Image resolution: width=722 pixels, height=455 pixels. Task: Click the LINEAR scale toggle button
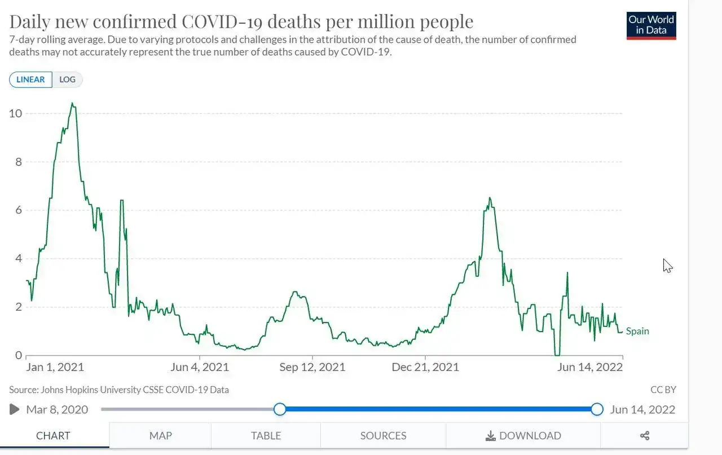(31, 79)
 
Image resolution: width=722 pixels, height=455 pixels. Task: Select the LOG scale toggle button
(67, 79)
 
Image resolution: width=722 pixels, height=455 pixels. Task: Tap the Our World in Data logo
(651, 25)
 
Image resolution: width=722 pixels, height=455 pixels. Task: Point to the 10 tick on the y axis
(16, 113)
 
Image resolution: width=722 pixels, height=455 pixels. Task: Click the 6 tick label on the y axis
(19, 210)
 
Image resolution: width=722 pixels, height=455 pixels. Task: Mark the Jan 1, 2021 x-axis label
(55, 367)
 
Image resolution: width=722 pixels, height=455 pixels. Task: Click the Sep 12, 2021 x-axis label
(312, 367)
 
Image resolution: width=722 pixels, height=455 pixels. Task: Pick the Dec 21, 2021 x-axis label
(425, 367)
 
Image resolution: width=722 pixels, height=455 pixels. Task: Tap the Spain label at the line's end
(637, 331)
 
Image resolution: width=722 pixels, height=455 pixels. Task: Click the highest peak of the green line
(72, 104)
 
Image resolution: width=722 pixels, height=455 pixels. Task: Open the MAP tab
(161, 435)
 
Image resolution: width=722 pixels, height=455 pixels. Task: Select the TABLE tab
(266, 435)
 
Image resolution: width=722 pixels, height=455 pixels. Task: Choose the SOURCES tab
(383, 435)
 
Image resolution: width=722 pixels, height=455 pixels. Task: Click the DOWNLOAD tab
(523, 435)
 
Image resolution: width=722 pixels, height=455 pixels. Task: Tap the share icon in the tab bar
(645, 435)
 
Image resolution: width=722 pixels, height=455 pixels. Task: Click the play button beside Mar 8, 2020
(15, 409)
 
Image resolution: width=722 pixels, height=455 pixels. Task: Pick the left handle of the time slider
(280, 409)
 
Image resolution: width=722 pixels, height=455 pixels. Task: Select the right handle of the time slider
(597, 409)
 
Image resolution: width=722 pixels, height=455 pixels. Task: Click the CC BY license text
(663, 390)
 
